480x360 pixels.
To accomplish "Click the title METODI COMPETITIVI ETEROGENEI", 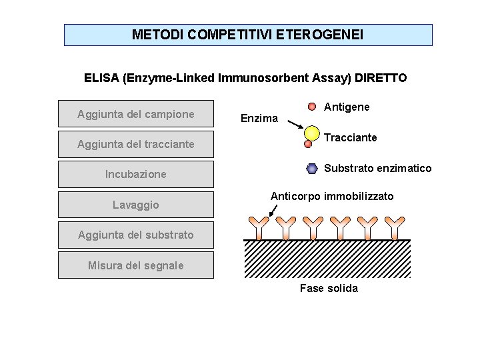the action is click(x=248, y=35).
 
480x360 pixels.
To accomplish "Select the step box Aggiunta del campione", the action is click(x=136, y=114).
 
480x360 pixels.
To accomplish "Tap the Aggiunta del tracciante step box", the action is click(x=136, y=144).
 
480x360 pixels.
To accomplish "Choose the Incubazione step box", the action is click(x=136, y=174).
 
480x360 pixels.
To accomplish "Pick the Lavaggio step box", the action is click(x=136, y=205).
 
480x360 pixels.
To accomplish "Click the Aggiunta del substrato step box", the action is click(x=136, y=235).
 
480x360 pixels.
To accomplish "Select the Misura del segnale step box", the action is click(x=136, y=265).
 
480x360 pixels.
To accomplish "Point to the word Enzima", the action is click(x=259, y=118).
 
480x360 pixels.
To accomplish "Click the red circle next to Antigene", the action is click(x=312, y=107).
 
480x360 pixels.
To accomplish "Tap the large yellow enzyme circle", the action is click(x=312, y=133).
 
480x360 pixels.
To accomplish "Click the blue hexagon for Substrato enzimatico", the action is click(x=312, y=169).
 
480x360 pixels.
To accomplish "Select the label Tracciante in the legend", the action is click(x=350, y=137).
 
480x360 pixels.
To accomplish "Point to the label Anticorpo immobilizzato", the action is click(x=331, y=196).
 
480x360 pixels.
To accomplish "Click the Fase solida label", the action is click(x=329, y=288).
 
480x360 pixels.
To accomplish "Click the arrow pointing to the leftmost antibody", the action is click(x=272, y=210).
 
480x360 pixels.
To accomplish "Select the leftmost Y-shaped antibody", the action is click(x=258, y=227).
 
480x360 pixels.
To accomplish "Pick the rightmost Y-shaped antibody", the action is click(x=396, y=227).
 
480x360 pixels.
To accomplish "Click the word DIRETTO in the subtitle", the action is click(x=381, y=78).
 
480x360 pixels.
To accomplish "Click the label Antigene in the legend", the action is click(x=347, y=107).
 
